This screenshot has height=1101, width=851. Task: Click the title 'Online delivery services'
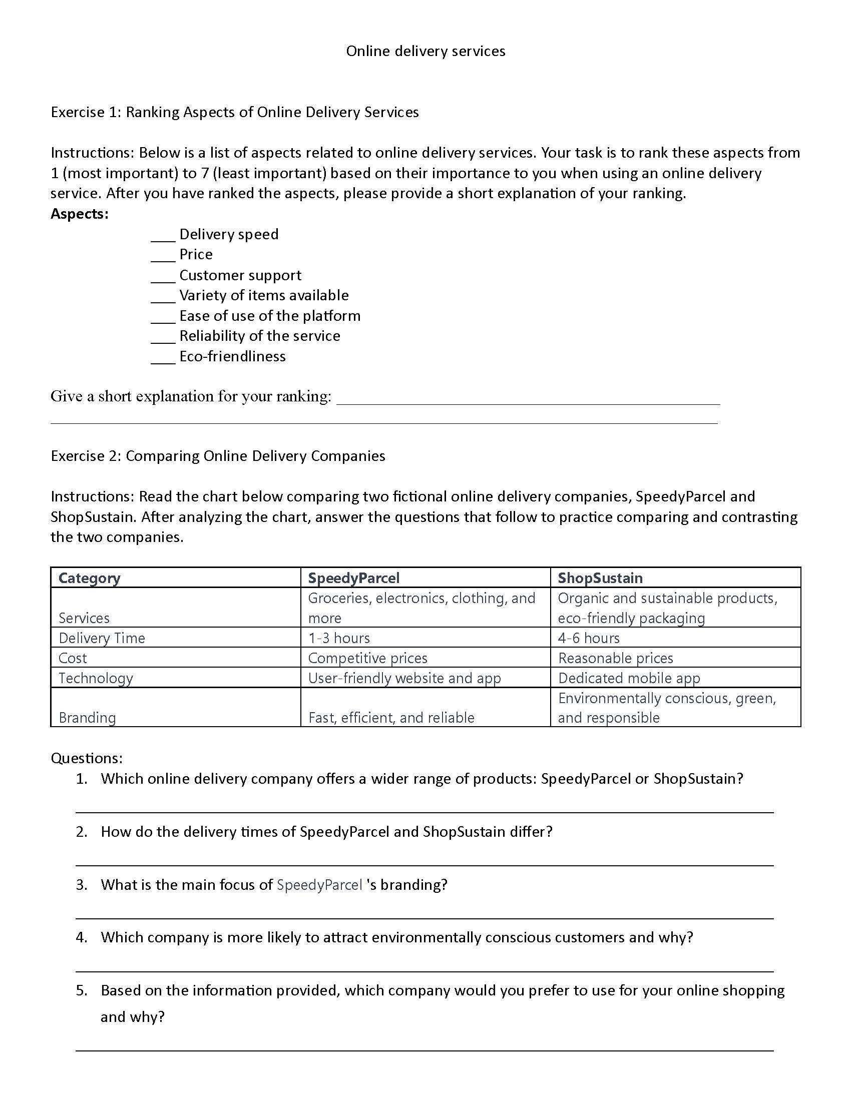pos(425,51)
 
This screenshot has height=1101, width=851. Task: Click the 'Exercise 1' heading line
pos(234,112)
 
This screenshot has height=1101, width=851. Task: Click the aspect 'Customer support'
pos(240,275)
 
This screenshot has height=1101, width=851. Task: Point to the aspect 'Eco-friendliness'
pos(232,356)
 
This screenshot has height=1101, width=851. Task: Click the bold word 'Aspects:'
pos(80,214)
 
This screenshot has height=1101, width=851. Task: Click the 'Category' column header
pos(89,578)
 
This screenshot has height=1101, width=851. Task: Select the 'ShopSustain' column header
pos(600,578)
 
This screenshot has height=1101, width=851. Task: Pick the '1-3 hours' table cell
pos(339,638)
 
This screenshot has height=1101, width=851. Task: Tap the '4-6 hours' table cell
pos(588,638)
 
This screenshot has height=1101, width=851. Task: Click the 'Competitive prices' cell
pos(367,658)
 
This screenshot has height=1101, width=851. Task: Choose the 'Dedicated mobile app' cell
pos(629,678)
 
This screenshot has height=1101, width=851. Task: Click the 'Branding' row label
pos(87,717)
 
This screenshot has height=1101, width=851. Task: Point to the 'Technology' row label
pos(96,678)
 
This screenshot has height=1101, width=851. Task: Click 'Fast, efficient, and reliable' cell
pos(391,717)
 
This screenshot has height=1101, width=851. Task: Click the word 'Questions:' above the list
pos(87,758)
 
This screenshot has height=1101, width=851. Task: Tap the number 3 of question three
pos(81,885)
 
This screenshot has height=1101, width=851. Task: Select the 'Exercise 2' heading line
pos(218,456)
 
